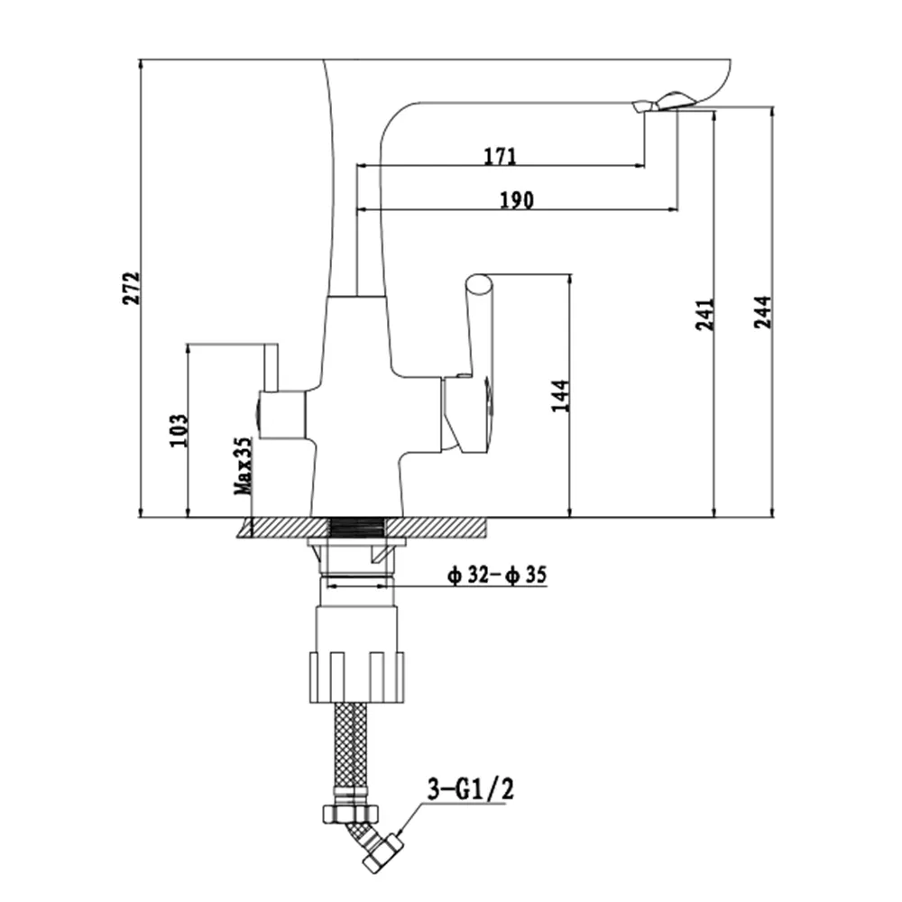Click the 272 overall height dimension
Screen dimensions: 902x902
[131, 288]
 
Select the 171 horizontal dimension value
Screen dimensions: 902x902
[500, 156]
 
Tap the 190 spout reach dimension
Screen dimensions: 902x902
[517, 199]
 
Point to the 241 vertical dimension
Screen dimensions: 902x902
[705, 314]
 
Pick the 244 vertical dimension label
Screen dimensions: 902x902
[763, 312]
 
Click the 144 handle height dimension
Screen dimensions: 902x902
[560, 396]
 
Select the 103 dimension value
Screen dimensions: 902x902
[179, 429]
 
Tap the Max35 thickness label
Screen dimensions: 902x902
[244, 466]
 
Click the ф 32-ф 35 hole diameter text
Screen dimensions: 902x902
[497, 575]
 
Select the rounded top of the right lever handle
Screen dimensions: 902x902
[479, 285]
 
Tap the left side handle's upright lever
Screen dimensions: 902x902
[271, 368]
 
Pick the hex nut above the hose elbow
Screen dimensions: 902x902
[351, 813]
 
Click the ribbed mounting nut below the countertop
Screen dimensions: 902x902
[356, 677]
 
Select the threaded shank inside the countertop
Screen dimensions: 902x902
[356, 528]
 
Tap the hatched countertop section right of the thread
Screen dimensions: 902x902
[437, 528]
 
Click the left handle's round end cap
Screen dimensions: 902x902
[258, 415]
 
